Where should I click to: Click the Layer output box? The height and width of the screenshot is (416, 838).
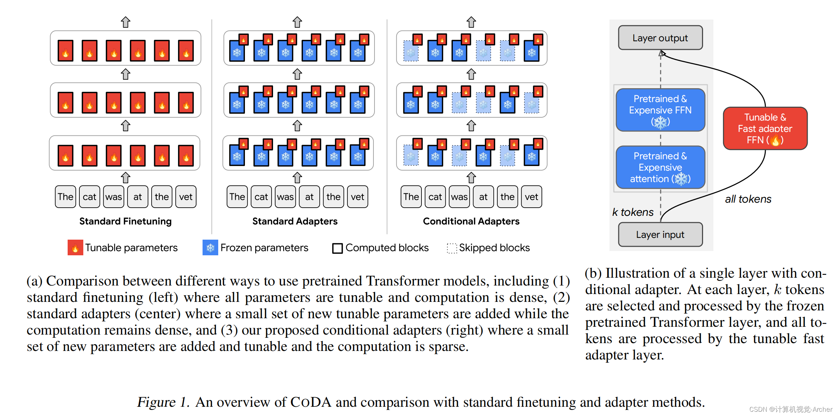[x=660, y=38]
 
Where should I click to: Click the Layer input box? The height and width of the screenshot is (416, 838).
[x=660, y=235]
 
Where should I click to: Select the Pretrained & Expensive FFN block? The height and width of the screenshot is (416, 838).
[x=660, y=110]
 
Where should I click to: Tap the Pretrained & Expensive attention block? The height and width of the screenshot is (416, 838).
[x=660, y=167]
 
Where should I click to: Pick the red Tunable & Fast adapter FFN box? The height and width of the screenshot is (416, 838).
[x=765, y=128]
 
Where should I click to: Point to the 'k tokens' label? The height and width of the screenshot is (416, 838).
[x=633, y=212]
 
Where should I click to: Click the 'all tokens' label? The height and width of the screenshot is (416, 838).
[x=748, y=199]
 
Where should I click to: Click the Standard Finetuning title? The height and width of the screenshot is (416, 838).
[x=125, y=221]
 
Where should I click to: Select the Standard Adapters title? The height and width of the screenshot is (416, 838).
[x=295, y=221]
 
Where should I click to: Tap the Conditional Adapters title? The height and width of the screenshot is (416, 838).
[x=471, y=221]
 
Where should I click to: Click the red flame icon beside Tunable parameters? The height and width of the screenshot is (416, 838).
[x=75, y=247]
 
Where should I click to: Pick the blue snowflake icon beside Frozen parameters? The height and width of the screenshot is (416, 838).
[x=210, y=247]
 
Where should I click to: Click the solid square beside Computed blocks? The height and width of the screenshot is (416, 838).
[x=337, y=248]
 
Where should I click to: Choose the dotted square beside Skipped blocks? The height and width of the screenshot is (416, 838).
[x=452, y=248]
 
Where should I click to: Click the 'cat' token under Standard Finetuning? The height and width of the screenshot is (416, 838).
[x=89, y=197]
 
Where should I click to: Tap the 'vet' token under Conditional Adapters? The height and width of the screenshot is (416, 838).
[x=531, y=197]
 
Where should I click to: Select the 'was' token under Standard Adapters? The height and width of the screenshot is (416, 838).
[x=285, y=197]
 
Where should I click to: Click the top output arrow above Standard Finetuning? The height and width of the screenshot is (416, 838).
[x=125, y=22]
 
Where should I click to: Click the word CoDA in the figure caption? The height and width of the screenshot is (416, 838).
[x=311, y=402]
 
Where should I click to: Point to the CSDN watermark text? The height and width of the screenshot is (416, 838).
[x=791, y=409]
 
